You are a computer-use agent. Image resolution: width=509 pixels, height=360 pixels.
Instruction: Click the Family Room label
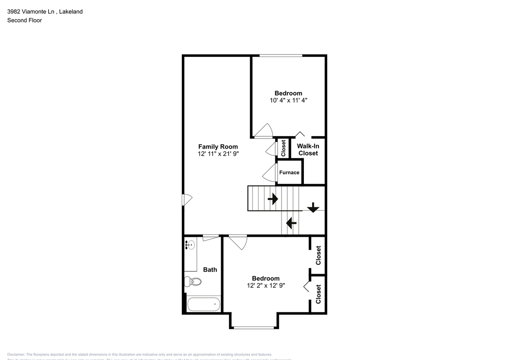pos(218,146)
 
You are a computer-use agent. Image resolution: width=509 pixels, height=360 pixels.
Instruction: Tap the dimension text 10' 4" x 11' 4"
pos(289,100)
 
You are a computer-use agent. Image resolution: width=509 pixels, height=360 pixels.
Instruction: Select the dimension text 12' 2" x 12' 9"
pos(266,285)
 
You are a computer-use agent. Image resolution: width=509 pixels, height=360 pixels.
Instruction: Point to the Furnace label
pos(289,172)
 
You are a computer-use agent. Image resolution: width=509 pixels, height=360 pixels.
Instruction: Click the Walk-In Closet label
pos(308,150)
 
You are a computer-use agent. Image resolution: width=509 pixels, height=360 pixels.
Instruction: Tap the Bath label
pos(210,269)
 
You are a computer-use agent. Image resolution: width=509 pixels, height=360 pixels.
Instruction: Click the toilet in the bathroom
pos(193,282)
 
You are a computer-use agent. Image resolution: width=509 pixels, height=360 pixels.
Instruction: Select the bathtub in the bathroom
pos(204,305)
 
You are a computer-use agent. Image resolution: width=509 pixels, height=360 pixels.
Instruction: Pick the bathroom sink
pos(190,245)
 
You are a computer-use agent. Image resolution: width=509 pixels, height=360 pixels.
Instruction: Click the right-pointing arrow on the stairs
pos(273,198)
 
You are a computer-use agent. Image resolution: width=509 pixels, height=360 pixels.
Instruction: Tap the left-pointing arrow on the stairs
pos(291,223)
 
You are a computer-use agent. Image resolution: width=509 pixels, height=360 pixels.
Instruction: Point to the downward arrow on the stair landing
pos(313,207)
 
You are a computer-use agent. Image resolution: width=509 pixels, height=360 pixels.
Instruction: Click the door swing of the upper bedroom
pos(263,131)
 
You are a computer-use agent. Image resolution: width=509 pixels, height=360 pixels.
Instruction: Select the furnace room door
pos(270,173)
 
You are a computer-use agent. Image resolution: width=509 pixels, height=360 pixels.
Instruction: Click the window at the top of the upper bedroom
pos(281,56)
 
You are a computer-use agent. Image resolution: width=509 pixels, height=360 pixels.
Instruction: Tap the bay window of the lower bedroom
pos(253,327)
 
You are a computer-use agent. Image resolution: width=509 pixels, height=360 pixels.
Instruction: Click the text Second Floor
pos(24,20)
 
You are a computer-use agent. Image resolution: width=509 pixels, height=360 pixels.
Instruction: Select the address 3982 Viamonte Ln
pos(31,12)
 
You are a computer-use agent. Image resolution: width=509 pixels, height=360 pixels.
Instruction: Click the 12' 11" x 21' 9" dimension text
pos(218,154)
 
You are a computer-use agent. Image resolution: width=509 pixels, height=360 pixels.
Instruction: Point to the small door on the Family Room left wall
pos(187,200)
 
